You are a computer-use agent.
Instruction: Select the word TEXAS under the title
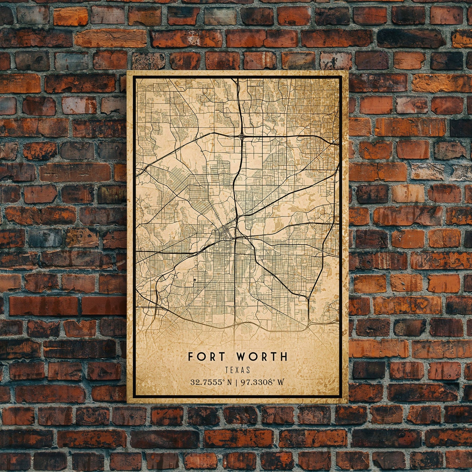point(237,370)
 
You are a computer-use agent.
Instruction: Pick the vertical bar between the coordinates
point(236,382)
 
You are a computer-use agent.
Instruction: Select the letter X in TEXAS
point(238,370)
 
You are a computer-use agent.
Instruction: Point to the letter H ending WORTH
point(284,356)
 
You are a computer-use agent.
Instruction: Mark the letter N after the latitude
point(229,382)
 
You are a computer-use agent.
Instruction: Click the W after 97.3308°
point(280,382)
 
